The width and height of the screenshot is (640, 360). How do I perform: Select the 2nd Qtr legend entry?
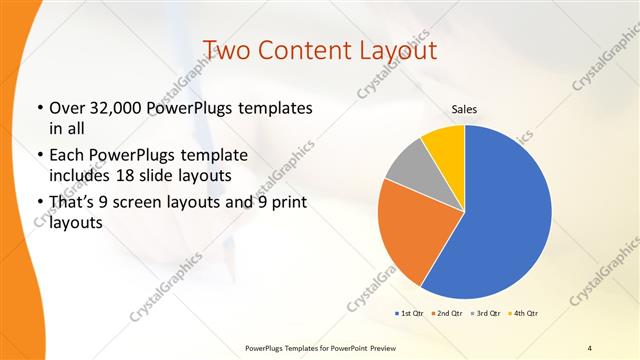448,313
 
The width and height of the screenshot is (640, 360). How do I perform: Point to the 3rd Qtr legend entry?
487,313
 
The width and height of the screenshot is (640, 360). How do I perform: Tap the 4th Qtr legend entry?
526,313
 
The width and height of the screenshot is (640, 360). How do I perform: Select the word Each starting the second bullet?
66,156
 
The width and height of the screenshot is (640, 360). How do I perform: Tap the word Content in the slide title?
309,50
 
